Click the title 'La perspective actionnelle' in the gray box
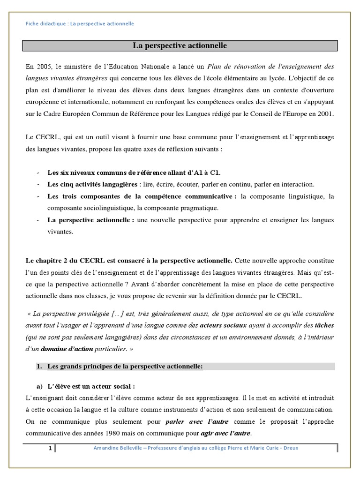coord(180,45)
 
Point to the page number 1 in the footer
coord(50,449)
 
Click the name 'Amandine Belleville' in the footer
coord(118,449)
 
